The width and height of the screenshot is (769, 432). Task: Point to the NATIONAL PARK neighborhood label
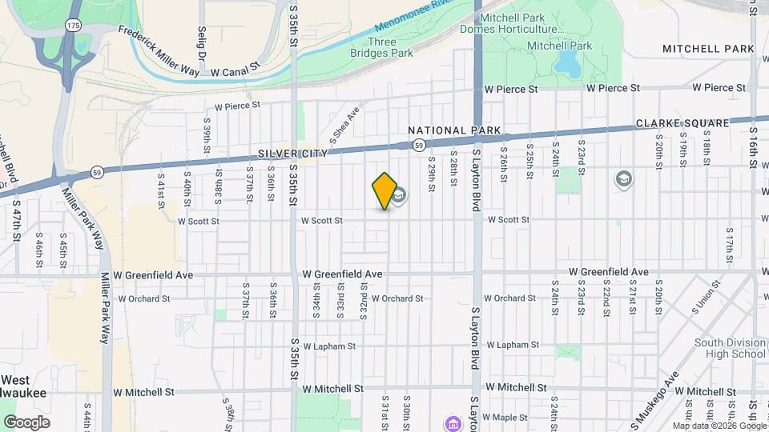[x=454, y=130]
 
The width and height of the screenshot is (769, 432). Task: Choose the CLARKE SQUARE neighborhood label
[x=682, y=123]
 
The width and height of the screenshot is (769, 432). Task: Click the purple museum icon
[x=452, y=422]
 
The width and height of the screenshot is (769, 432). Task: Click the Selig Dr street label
[x=201, y=45]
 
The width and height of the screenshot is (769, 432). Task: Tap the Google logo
[x=26, y=422]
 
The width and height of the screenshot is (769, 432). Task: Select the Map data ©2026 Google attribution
[x=719, y=426]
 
